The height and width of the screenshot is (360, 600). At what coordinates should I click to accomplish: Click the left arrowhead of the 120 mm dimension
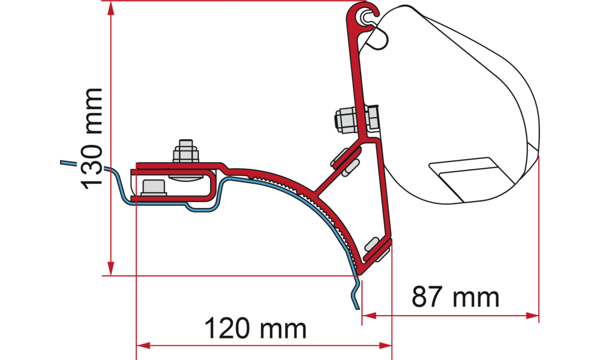[145, 346]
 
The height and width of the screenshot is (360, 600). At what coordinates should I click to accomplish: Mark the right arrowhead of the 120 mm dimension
[385, 346]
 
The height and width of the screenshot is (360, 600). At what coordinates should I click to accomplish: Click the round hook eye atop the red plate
[364, 18]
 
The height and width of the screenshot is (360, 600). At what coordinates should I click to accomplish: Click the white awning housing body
[456, 90]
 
